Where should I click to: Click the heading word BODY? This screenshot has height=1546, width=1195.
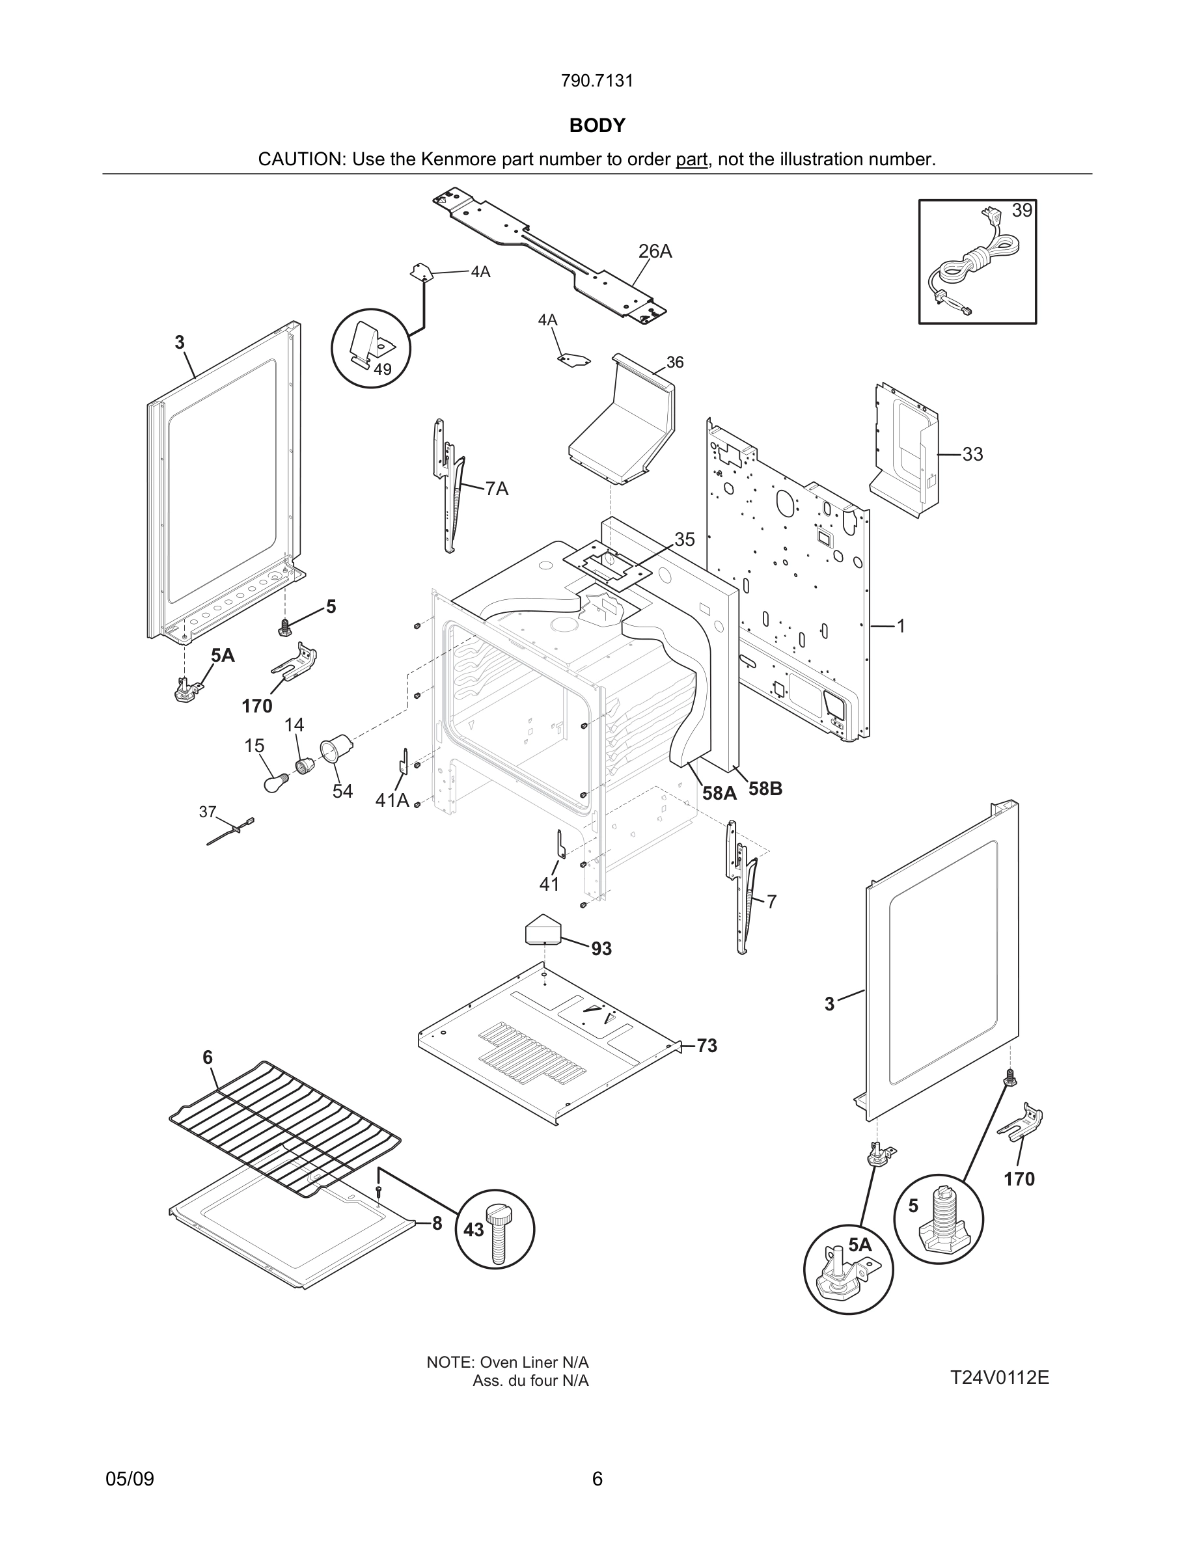click(597, 126)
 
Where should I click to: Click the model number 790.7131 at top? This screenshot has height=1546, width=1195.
click(597, 81)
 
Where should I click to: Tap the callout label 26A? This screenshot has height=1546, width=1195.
click(655, 251)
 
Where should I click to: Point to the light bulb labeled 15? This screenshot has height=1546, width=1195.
click(274, 782)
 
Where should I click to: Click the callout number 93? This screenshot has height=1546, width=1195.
click(601, 949)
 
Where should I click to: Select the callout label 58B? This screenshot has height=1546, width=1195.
click(765, 789)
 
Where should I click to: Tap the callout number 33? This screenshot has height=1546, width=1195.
click(972, 454)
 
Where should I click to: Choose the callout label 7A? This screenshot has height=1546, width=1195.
click(497, 489)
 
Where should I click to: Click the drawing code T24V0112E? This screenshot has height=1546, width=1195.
click(999, 1377)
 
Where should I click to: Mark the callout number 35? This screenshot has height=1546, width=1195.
click(684, 539)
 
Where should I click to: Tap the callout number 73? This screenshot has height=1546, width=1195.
click(707, 1046)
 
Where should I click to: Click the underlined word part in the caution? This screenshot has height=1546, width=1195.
click(691, 159)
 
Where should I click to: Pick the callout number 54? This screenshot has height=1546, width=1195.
click(342, 791)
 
